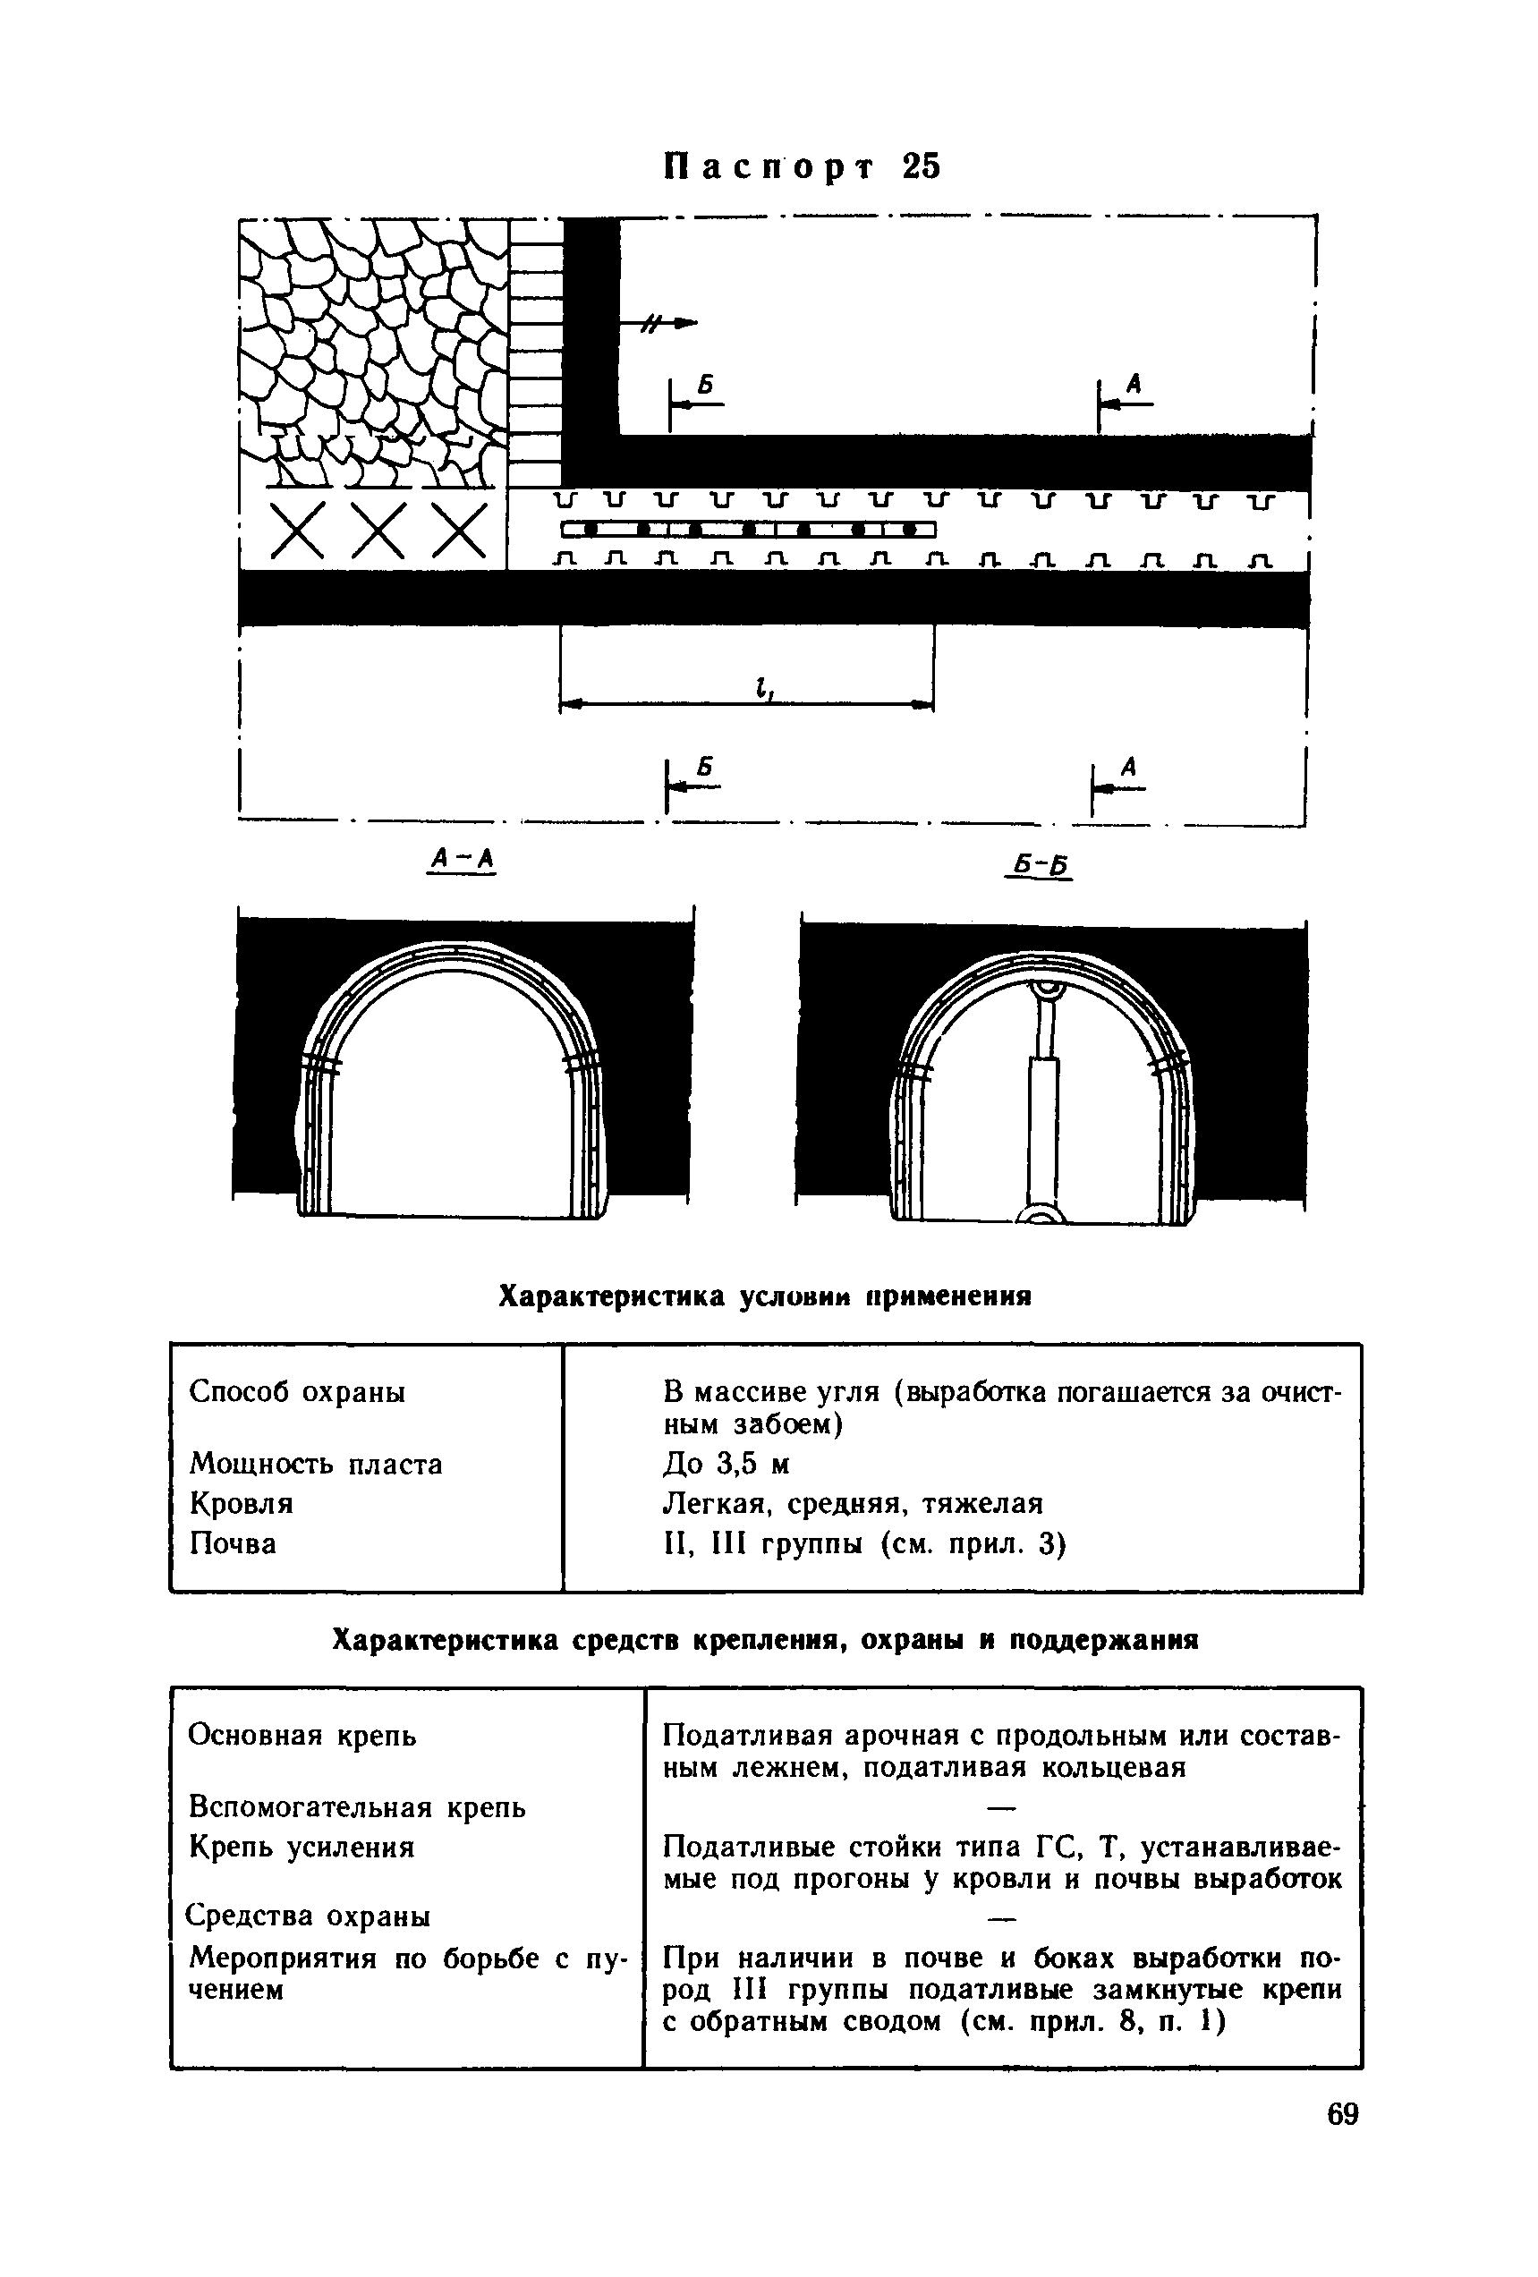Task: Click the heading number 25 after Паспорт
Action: point(921,167)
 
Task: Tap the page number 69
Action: point(1342,2170)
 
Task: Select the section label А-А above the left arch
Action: point(463,859)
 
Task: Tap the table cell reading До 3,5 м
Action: point(726,1465)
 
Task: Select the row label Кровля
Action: point(241,1504)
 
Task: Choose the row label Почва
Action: point(232,1544)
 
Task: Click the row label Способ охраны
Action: point(297,1392)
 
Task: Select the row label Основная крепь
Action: point(302,1737)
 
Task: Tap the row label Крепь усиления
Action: point(302,1848)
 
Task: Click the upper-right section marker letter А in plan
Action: point(1134,385)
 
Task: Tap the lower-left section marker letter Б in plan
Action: point(706,765)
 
